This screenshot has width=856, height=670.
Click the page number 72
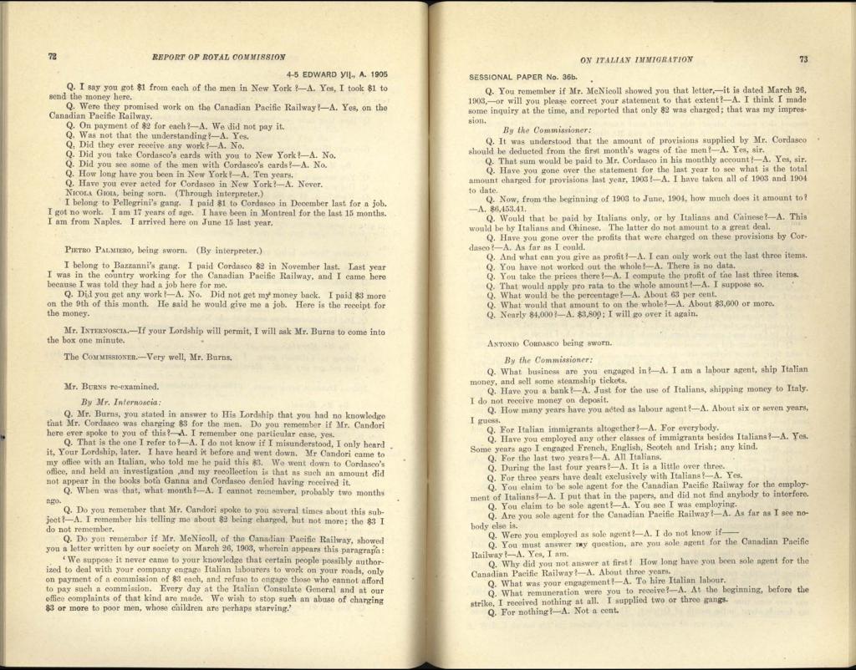[51, 57]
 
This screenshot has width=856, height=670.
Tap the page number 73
[803, 59]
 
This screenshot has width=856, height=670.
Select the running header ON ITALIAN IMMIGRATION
[635, 60]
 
